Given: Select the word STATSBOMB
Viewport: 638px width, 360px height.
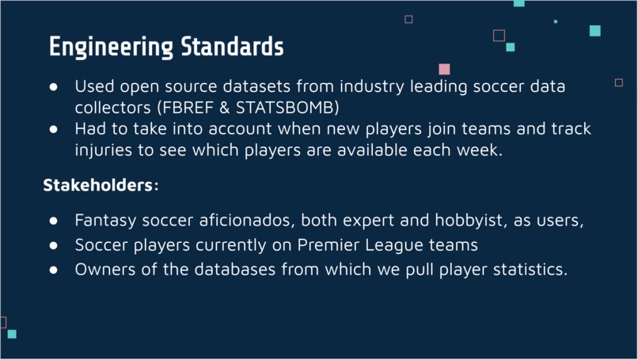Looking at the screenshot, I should tap(286, 106).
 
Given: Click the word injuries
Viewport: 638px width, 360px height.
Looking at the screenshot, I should tap(103, 150).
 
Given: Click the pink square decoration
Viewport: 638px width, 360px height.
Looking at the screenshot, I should tap(445, 70).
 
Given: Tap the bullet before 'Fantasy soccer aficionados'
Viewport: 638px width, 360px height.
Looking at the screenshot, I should tap(55, 221).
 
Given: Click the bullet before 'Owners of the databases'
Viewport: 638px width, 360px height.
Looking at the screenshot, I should tap(55, 270).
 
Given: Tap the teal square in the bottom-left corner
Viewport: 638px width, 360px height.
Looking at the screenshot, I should tap(12, 334).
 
